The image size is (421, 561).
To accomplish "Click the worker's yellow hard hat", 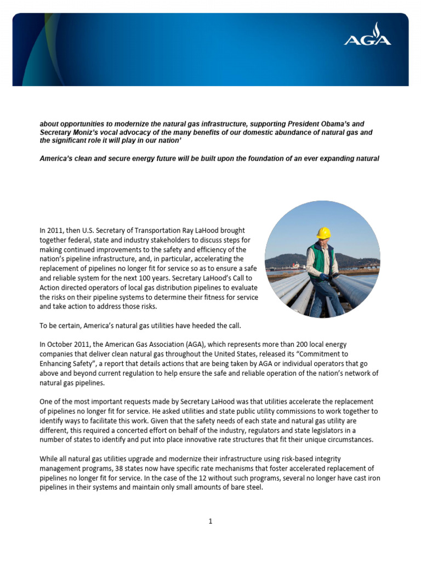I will [x=324, y=232].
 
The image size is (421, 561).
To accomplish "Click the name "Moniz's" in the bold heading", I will [x=89, y=133].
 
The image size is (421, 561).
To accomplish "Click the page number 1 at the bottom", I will [x=210, y=521].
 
